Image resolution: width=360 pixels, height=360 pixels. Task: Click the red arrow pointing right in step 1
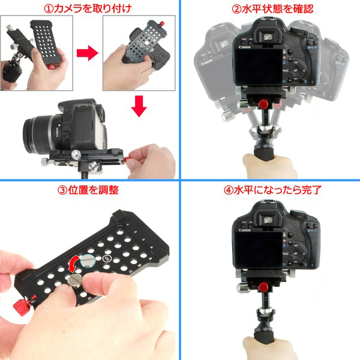(88, 55)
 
